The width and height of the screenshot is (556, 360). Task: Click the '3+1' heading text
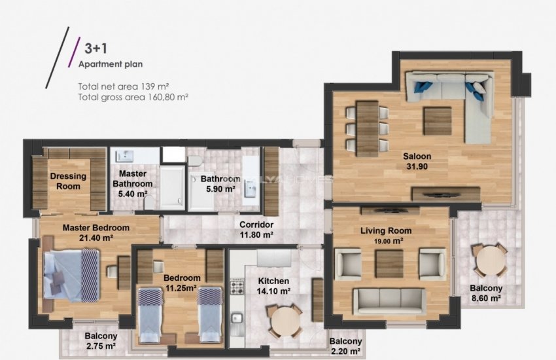[96, 48]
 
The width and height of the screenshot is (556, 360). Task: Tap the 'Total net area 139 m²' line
[124, 86]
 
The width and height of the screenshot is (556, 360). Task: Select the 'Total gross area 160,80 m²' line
[133, 96]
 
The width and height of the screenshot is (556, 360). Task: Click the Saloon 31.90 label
[417, 161]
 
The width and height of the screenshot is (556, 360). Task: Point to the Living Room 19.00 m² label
[386, 235]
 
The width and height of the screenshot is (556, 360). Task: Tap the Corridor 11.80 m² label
[256, 229]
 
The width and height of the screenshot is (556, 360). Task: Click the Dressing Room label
[68, 181]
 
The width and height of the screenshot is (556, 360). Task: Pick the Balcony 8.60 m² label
[485, 293]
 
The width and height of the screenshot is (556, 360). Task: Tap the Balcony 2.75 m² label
[101, 341]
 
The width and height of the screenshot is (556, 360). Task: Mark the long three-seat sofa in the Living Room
[389, 300]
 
